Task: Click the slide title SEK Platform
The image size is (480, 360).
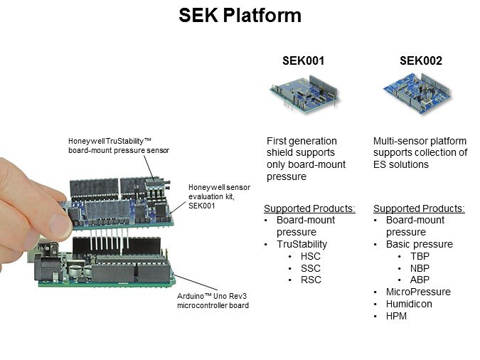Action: click(x=240, y=16)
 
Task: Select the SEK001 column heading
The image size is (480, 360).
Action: click(x=304, y=61)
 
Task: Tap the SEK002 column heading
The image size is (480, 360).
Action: click(x=421, y=61)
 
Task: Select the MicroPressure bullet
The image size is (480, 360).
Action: click(x=418, y=292)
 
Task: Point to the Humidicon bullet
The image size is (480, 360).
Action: click(x=409, y=305)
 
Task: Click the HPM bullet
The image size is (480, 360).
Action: click(x=397, y=317)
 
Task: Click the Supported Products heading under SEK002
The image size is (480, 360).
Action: click(x=419, y=208)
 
